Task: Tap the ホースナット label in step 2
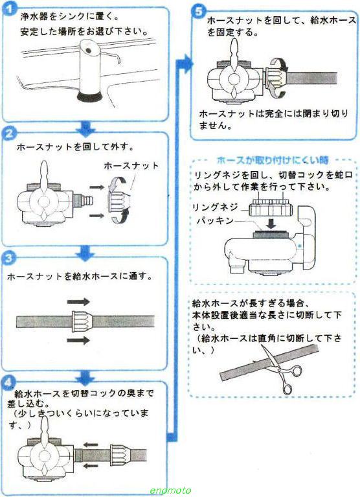coord(131,166)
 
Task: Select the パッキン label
coord(216,220)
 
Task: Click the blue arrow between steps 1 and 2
coord(85,126)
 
